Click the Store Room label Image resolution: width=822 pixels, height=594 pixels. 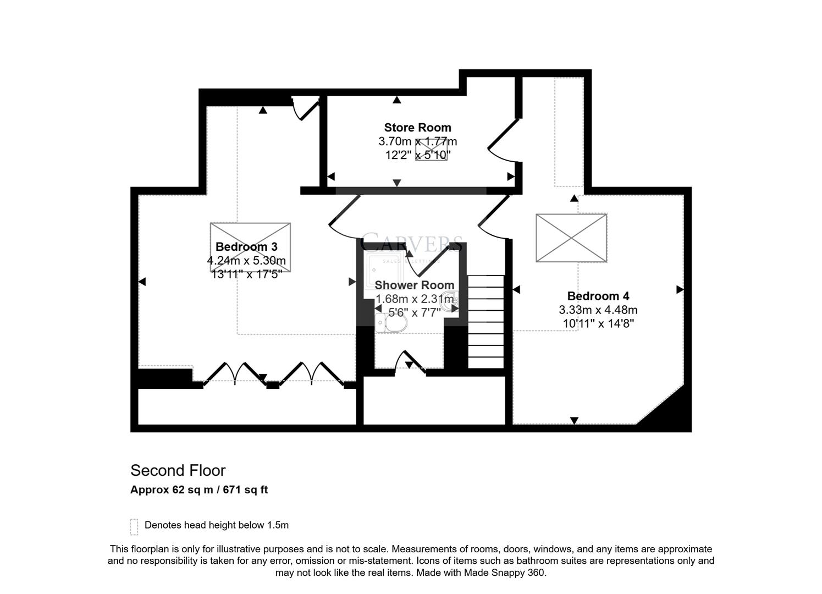click(x=417, y=128)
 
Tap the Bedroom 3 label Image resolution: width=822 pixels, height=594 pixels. click(x=246, y=246)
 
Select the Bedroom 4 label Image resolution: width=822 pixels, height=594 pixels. click(x=598, y=296)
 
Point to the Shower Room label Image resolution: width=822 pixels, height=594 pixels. click(x=415, y=285)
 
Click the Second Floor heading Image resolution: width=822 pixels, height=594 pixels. click(x=178, y=470)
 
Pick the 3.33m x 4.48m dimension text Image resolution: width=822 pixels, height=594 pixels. click(x=598, y=310)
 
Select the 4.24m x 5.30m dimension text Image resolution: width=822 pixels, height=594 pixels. click(x=246, y=261)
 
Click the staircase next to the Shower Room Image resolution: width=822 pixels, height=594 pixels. click(x=486, y=321)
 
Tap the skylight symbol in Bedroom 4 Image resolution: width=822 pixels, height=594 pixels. click(x=571, y=238)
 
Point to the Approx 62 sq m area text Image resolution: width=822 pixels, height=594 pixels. click(x=199, y=490)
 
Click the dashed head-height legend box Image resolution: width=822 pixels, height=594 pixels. click(x=134, y=526)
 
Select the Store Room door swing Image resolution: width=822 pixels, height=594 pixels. click(x=503, y=141)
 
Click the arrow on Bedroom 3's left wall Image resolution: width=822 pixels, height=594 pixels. click(x=141, y=282)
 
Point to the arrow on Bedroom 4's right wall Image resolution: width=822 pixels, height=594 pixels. click(x=680, y=289)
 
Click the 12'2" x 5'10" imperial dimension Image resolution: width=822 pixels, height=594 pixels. click(x=417, y=155)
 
